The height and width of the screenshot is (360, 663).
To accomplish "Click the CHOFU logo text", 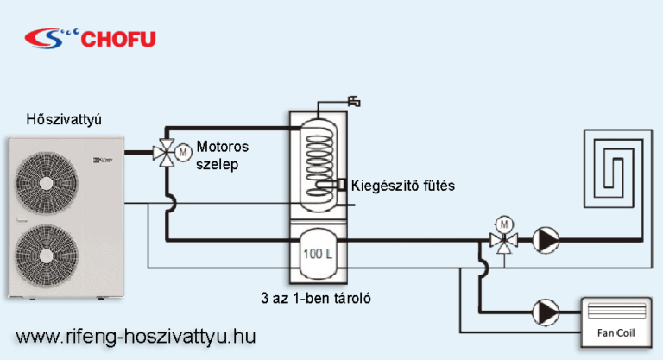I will pos(118,37).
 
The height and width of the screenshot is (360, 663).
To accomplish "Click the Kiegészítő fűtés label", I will pos(402,186).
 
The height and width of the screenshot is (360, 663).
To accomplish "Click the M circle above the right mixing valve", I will pos(502,223).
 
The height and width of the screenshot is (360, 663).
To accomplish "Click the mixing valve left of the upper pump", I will pos(502,241).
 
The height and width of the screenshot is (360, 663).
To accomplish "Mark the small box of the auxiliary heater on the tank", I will pos(344,185).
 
